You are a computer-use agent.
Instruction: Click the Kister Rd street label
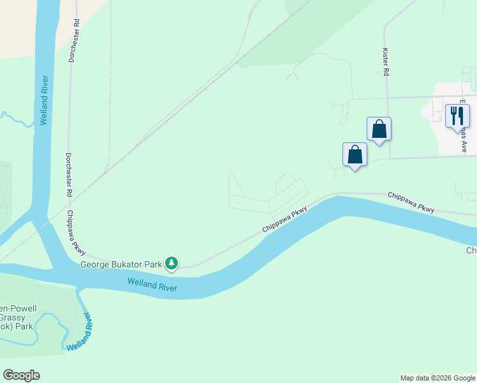(x=386, y=61)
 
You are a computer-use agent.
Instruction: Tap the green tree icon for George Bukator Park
(x=171, y=262)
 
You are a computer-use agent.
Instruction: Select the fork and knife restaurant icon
(x=457, y=116)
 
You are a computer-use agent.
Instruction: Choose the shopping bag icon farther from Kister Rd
(x=355, y=154)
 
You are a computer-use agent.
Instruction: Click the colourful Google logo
(x=21, y=375)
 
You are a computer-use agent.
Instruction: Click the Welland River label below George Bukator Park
(x=152, y=285)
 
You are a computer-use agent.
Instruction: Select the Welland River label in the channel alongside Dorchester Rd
(x=44, y=100)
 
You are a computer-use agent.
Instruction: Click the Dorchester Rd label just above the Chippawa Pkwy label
(x=68, y=175)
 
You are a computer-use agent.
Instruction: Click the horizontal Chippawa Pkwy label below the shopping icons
(x=412, y=204)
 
